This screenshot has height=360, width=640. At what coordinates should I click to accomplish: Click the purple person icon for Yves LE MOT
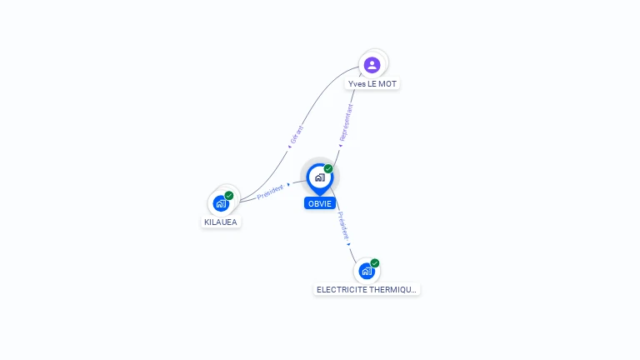pyautogui.click(x=372, y=64)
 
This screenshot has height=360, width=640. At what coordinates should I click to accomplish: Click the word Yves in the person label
pyautogui.click(x=357, y=84)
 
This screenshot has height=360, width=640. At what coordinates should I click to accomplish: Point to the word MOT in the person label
pyautogui.click(x=387, y=84)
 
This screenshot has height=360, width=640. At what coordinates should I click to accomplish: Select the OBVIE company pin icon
pyautogui.click(x=319, y=177)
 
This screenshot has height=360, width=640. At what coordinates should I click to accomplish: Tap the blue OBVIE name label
pyautogui.click(x=319, y=203)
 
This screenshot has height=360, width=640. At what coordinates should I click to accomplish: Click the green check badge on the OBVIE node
pyautogui.click(x=328, y=169)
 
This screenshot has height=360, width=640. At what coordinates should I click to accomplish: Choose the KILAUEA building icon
pyautogui.click(x=221, y=203)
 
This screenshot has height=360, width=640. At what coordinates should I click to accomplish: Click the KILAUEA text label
pyautogui.click(x=221, y=222)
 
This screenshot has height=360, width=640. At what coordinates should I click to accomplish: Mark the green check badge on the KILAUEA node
pyautogui.click(x=229, y=196)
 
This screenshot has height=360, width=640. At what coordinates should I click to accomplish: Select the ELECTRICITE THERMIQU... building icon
pyautogui.click(x=366, y=271)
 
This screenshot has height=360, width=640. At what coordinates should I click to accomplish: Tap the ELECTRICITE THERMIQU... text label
pyautogui.click(x=367, y=290)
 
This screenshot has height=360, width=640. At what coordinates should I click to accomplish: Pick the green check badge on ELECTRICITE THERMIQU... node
pyautogui.click(x=375, y=263)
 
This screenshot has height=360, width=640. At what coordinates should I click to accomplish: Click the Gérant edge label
pyautogui.click(x=297, y=134)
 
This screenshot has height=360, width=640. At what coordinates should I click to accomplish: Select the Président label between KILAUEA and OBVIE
pyautogui.click(x=270, y=192)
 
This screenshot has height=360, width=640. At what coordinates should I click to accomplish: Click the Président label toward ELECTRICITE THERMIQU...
pyautogui.click(x=342, y=225)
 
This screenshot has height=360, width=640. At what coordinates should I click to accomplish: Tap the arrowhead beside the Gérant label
pyautogui.click(x=289, y=147)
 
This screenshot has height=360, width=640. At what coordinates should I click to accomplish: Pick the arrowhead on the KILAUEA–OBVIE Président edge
pyautogui.click(x=288, y=184)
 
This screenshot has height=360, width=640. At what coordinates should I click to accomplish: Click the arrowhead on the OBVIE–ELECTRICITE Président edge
pyautogui.click(x=349, y=243)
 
